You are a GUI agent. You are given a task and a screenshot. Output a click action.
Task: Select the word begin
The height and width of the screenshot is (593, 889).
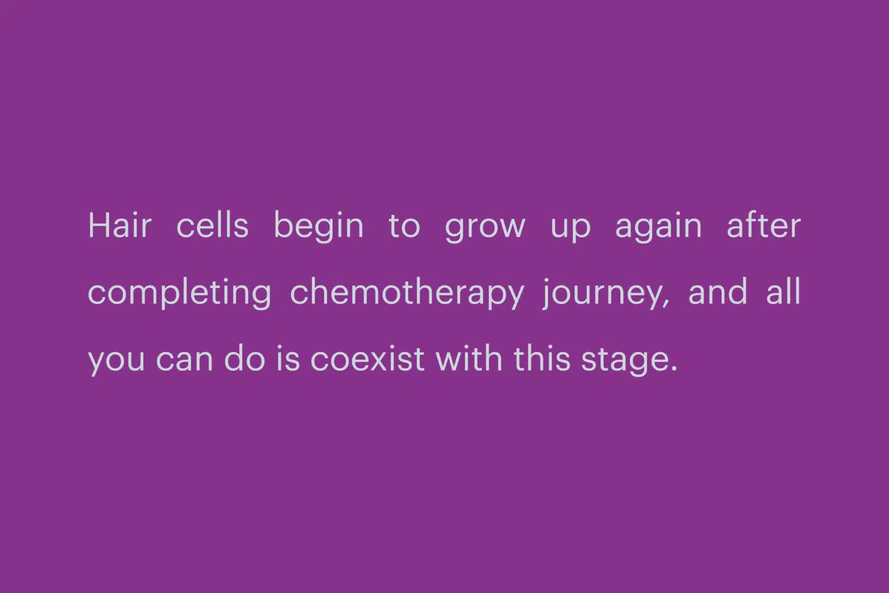pyautogui.click(x=319, y=227)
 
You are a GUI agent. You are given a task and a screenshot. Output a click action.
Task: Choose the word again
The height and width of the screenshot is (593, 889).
pyautogui.click(x=659, y=228)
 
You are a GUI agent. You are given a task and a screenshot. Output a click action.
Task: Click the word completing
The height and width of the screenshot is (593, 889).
pyautogui.click(x=179, y=294)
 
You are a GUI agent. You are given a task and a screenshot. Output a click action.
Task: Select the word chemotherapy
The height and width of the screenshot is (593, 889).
pyautogui.click(x=407, y=294)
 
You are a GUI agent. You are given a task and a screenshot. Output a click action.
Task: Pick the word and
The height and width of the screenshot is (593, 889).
pyautogui.click(x=718, y=291)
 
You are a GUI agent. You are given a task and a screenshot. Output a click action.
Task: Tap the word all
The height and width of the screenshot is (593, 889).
pyautogui.click(x=784, y=291)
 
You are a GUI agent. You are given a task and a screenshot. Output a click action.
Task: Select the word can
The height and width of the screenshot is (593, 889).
pyautogui.click(x=185, y=360)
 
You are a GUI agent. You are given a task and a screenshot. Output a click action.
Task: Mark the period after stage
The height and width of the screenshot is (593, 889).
pyautogui.click(x=674, y=368)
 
